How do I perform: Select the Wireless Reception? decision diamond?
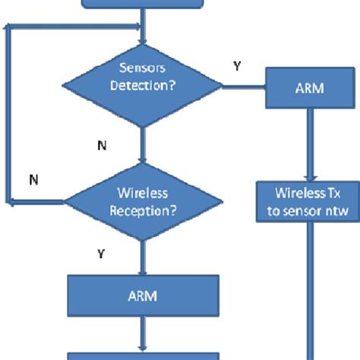coord(143,202)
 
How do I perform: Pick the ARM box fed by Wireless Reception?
coord(143,295)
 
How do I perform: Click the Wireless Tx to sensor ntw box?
coord(308,201)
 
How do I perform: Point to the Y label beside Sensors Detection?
coord(236,67)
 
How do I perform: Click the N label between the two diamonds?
coord(102,146)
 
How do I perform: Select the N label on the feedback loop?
coord(33,180)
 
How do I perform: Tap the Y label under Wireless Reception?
coord(100,254)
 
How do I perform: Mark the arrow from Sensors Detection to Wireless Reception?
coord(143,144)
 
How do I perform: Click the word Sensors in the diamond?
coord(143,71)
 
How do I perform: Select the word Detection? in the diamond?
coord(143,86)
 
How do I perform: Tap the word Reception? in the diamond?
coord(143,210)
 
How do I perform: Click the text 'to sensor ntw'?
coord(308,210)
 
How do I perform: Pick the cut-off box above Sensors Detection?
coord(143,4)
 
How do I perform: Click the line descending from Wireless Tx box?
coord(308,289)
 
